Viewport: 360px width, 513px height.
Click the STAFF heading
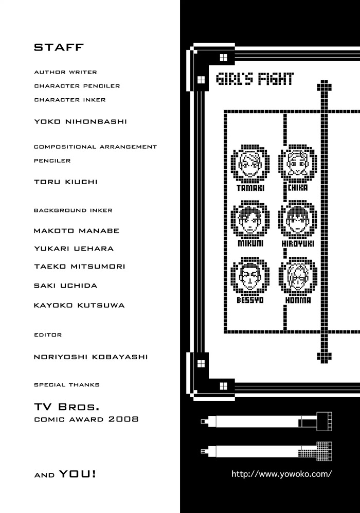click(x=59, y=48)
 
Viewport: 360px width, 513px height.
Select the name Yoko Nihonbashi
click(x=80, y=122)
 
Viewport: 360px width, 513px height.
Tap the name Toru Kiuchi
click(x=65, y=182)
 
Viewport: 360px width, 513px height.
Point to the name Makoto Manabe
click(x=76, y=231)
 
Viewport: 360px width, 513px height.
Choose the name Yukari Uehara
click(x=74, y=249)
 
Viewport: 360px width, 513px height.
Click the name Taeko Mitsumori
click(x=79, y=267)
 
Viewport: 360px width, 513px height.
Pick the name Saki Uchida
click(x=65, y=286)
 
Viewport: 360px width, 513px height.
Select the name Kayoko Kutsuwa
click(x=79, y=305)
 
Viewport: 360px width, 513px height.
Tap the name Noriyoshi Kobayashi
click(x=91, y=357)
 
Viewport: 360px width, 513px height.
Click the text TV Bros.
click(x=66, y=406)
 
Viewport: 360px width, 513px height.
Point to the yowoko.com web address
click(x=281, y=474)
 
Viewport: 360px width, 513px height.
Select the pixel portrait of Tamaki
click(x=250, y=164)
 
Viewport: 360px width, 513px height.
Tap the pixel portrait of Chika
click(x=298, y=164)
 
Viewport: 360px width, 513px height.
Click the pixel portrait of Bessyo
click(x=250, y=277)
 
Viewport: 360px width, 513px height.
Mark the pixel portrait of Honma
click(x=298, y=277)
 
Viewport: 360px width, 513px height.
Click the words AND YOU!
click(x=65, y=474)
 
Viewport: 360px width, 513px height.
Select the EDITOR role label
click(x=48, y=335)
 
